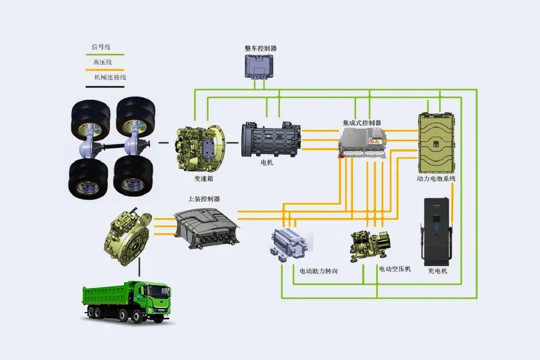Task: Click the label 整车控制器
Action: pos(261,49)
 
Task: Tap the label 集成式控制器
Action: pos(362,123)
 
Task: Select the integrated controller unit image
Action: pos(363,143)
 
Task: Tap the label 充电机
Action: pos(437,271)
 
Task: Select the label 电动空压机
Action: pos(395,269)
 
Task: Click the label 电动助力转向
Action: pos(319,271)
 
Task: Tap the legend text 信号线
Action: pos(101,47)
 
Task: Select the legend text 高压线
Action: pos(101,62)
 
